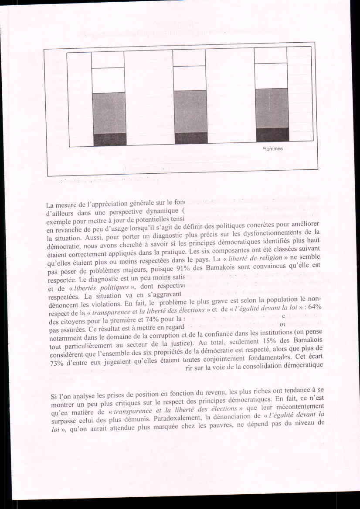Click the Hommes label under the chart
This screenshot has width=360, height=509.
coord(273,149)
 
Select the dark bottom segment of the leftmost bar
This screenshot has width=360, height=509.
coord(109,140)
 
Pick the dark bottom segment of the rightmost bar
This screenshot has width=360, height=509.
coord(272,135)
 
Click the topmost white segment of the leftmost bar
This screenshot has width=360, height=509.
coord(108,60)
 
